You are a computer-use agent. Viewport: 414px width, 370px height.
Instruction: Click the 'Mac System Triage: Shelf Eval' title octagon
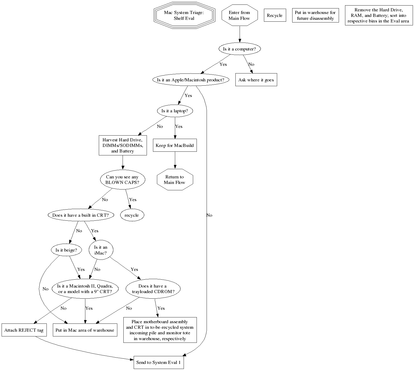184,15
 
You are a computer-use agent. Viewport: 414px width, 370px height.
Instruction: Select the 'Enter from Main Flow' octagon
239,15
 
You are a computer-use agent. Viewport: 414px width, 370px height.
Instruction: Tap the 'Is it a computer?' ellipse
239,49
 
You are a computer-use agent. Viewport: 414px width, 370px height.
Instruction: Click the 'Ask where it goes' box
256,80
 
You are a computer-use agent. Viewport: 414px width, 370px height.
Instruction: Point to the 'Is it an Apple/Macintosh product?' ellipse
190,80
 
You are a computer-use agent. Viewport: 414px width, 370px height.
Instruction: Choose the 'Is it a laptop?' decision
175,111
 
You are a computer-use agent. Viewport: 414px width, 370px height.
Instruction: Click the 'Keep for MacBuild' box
175,145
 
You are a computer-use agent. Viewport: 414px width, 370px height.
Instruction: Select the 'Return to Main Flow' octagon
175,180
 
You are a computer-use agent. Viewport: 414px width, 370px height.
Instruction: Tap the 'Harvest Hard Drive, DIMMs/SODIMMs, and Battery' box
123,145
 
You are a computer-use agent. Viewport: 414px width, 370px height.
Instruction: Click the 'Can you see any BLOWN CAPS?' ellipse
122,180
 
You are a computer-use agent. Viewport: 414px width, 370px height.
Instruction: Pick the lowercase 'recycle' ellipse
132,215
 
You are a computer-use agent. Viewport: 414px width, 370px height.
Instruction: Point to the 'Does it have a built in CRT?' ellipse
81,215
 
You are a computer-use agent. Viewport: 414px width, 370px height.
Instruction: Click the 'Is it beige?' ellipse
66,250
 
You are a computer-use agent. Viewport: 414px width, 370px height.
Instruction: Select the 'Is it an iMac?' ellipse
101,250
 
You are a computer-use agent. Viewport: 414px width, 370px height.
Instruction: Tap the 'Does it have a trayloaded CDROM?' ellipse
153,289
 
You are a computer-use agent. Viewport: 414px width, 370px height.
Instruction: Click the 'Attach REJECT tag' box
24,330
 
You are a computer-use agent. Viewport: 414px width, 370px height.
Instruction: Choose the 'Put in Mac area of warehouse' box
85,330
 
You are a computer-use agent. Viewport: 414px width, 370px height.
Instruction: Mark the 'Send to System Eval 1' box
159,362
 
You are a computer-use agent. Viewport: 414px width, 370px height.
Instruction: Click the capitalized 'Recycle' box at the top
275,15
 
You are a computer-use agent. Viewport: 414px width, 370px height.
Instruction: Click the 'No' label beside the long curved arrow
209,215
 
